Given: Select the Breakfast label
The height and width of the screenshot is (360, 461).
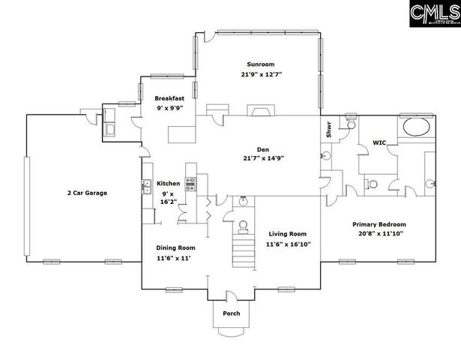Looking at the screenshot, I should [169, 98].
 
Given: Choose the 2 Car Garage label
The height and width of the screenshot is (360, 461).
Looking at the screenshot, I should [85, 193].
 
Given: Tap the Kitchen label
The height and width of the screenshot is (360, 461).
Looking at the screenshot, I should [168, 184].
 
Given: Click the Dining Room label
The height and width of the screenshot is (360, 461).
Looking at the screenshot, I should [175, 248].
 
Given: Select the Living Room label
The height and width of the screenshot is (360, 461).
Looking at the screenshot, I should [288, 233].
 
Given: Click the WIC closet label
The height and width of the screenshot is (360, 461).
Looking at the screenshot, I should [379, 142].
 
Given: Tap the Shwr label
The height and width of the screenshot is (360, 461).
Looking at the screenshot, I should [328, 130].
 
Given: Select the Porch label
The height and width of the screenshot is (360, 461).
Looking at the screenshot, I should [232, 313].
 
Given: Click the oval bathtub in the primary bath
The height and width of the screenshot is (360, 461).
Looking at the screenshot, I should [417, 126].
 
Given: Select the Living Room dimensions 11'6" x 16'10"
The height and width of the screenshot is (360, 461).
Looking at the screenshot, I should [288, 244].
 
